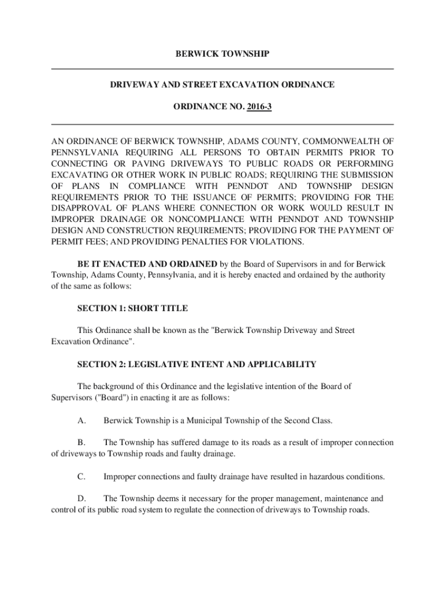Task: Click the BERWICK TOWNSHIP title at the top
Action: coord(222,54)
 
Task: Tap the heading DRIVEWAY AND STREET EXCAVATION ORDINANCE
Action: coord(222,85)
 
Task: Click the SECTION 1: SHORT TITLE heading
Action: coord(132,308)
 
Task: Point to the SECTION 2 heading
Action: coord(197,364)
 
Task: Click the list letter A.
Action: coord(81,420)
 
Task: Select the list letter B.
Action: coord(81,442)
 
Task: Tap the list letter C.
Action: coord(81,476)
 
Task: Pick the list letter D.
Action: coord(81,498)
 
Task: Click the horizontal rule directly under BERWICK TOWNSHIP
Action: coord(222,69)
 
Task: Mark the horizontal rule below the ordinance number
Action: coord(222,124)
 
